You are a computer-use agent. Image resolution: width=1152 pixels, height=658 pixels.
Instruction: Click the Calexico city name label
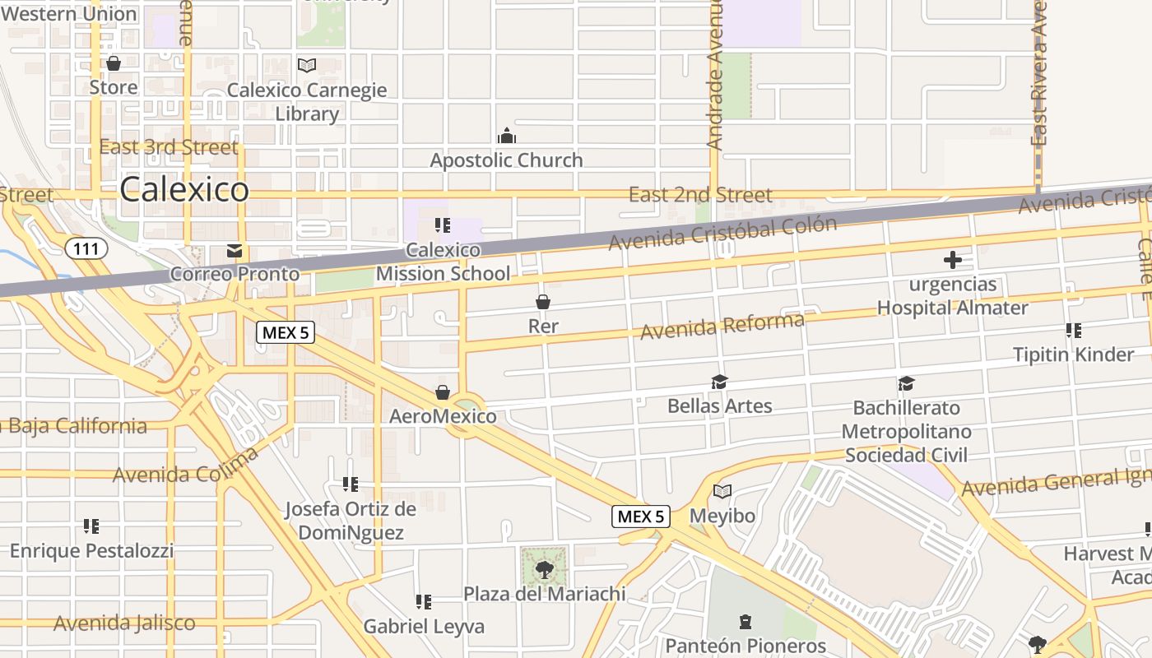tap(184, 190)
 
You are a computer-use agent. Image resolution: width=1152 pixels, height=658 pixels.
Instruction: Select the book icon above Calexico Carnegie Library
tap(307, 65)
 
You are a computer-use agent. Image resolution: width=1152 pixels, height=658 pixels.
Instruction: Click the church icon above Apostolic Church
tap(506, 136)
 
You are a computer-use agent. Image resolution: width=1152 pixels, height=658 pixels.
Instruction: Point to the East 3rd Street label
tap(169, 147)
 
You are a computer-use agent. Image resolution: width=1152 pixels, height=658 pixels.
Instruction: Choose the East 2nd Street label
tap(700, 195)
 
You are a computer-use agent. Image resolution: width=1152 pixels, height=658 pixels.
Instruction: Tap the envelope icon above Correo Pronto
tap(235, 250)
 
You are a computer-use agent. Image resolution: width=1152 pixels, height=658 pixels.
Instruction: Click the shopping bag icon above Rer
tap(543, 302)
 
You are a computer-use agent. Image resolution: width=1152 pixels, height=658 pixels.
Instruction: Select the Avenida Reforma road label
tap(722, 326)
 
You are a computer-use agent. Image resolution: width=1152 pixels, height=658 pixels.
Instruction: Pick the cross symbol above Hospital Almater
tap(952, 261)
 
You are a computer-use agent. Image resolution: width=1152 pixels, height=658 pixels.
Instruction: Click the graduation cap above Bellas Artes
tap(720, 382)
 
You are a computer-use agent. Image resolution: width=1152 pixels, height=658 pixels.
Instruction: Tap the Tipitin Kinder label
tap(1073, 354)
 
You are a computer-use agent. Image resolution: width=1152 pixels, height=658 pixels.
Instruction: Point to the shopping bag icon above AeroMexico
tap(443, 392)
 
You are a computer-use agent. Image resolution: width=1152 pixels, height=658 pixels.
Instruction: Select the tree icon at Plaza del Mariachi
tap(544, 569)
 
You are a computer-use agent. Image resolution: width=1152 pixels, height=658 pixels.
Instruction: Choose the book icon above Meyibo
tap(722, 492)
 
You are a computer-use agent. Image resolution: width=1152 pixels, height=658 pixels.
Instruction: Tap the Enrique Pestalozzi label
tap(91, 550)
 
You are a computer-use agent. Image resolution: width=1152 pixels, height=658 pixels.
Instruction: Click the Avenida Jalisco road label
tap(124, 623)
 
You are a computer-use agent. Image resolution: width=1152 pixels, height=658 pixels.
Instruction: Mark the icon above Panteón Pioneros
tap(746, 621)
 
